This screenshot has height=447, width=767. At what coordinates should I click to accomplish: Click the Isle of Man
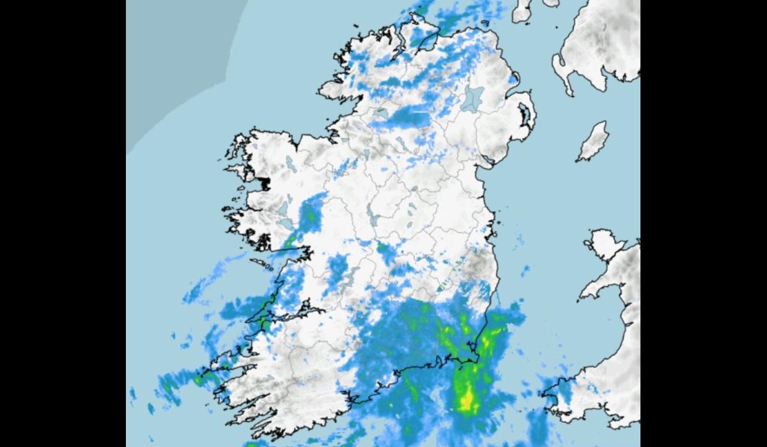pyautogui.click(x=593, y=141)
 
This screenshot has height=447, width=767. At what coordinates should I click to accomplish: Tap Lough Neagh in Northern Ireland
pyautogui.click(x=474, y=99)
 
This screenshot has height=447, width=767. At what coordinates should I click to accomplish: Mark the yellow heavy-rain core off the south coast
pyautogui.click(x=467, y=400)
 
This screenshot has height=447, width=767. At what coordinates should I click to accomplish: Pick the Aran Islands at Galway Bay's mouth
pyautogui.click(x=262, y=262)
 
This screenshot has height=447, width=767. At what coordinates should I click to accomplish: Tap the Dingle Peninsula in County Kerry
pyautogui.click(x=230, y=370)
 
